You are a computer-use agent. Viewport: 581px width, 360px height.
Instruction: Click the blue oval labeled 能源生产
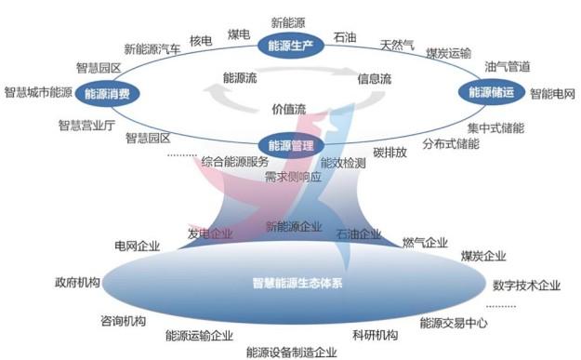(291, 46)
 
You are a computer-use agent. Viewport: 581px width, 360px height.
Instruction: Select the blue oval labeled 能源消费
(108, 93)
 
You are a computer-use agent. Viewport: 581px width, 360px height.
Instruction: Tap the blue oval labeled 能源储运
(492, 92)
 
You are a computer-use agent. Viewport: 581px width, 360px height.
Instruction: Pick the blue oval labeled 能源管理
(291, 145)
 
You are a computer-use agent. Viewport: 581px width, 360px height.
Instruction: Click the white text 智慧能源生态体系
(297, 283)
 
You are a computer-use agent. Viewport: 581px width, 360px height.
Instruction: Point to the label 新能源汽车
(152, 49)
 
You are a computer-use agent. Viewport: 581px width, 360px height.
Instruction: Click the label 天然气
(397, 46)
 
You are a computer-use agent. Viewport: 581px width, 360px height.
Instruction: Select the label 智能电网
(552, 93)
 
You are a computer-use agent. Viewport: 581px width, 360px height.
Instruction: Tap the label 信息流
(375, 78)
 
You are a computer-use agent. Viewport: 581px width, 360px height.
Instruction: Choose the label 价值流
(289, 109)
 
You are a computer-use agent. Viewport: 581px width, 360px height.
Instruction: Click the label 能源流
(240, 77)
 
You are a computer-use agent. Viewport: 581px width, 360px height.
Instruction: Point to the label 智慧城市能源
(38, 92)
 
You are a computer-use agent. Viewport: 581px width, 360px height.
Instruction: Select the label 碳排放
(390, 152)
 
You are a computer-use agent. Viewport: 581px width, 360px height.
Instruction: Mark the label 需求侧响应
(293, 177)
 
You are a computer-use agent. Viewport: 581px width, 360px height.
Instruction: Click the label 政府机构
(77, 282)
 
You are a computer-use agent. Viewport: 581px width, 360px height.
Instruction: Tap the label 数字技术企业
(526, 285)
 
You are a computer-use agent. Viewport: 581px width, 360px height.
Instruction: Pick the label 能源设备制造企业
(292, 352)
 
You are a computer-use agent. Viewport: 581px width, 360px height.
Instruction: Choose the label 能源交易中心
(454, 323)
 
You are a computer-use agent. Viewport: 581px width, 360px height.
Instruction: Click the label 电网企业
(137, 246)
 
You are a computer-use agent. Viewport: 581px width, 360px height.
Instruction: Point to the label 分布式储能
(451, 143)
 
